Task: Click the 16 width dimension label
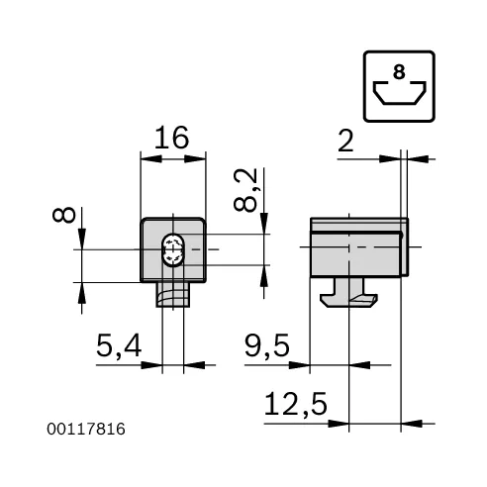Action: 173,139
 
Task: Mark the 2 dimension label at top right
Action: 345,141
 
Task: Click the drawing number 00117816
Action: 87,429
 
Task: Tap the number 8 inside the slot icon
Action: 398,72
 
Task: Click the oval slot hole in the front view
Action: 173,250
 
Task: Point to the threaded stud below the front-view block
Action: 173,296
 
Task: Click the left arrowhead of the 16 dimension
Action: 146,156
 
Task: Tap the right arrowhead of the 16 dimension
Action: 201,156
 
